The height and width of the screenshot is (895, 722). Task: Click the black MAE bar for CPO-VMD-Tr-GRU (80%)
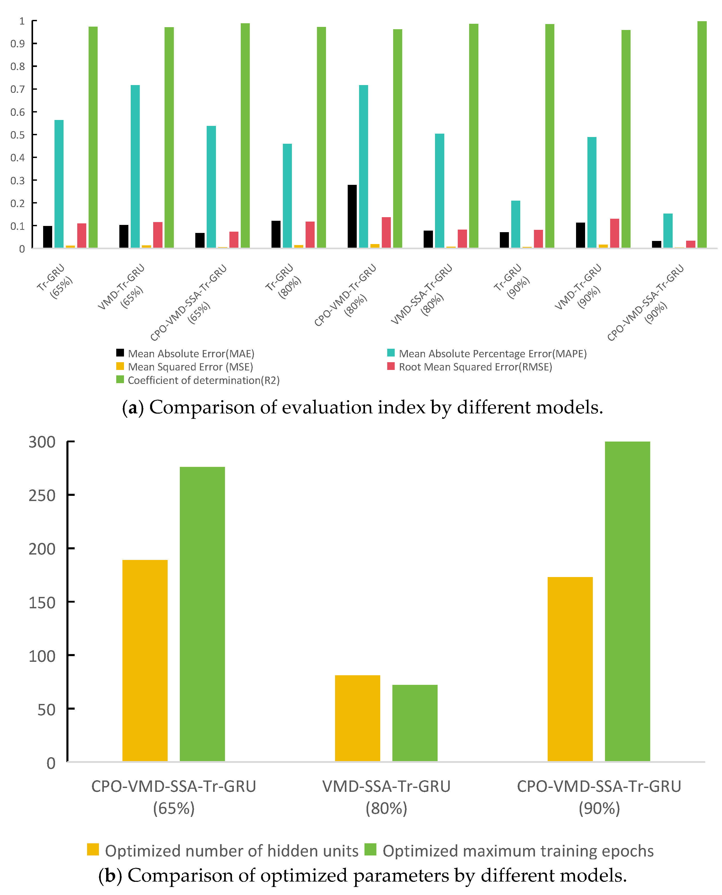352,216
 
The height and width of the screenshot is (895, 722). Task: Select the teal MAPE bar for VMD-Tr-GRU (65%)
135,166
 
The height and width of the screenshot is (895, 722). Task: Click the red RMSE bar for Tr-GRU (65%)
82,236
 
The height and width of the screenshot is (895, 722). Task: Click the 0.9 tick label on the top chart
18,44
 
